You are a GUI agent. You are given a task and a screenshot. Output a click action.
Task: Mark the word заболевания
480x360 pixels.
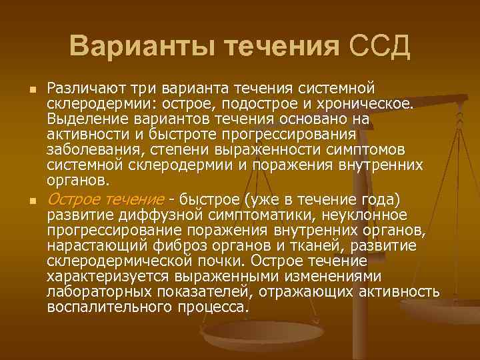(85, 150)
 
